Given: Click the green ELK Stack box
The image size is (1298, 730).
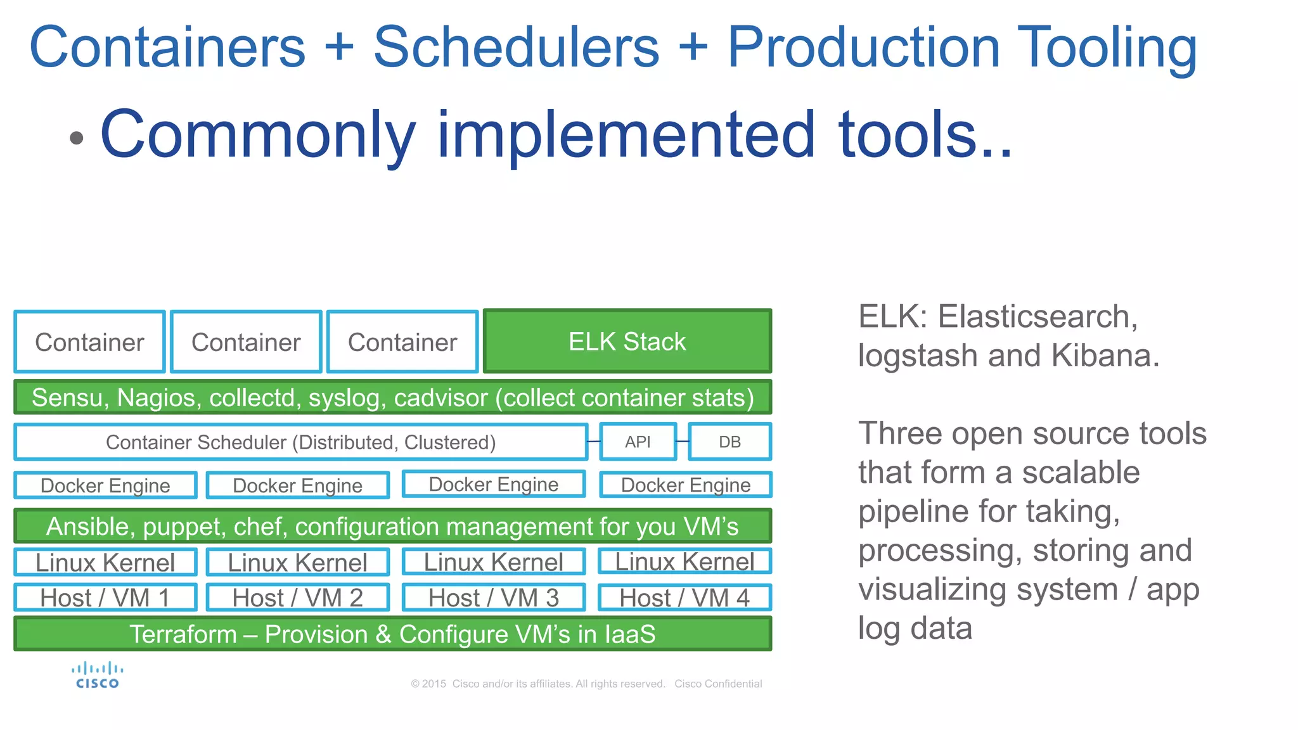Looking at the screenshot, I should click(627, 342).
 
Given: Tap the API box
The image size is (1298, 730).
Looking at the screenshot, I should click(638, 442).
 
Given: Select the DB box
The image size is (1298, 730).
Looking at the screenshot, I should click(729, 442).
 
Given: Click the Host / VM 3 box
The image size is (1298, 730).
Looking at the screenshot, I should click(493, 598).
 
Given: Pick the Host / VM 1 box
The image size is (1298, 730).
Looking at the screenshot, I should click(105, 598).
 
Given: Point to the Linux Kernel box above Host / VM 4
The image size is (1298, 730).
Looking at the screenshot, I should click(684, 561).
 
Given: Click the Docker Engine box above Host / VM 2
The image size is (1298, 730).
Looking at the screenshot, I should click(297, 485).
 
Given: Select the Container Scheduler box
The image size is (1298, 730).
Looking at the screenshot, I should click(300, 442).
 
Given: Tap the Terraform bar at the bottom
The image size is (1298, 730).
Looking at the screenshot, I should click(392, 634).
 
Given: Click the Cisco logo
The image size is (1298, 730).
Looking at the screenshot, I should click(97, 676).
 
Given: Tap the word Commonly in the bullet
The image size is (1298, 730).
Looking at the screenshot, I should click(258, 134).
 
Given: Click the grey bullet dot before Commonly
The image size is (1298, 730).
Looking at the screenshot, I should click(77, 138).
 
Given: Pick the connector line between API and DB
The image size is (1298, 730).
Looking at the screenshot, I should click(683, 441).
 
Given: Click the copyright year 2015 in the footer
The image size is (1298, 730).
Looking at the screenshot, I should click(434, 684).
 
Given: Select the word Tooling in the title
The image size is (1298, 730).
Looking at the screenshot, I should click(1107, 48).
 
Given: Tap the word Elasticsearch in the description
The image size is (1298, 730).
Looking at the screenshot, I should click(1038, 316).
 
